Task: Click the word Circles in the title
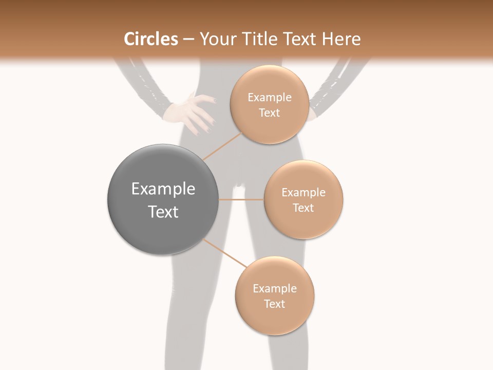click(150, 39)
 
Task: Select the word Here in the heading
click(342, 39)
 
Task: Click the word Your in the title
click(215, 39)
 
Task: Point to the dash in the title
click(188, 40)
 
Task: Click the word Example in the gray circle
click(163, 189)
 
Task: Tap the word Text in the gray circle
click(163, 212)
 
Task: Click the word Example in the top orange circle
click(270, 98)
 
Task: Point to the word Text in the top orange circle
click(270, 113)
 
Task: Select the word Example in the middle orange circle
click(304, 193)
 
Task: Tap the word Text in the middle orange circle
click(304, 208)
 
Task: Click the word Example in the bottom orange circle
click(274, 289)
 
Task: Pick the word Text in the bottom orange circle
click(274, 304)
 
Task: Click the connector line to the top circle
click(223, 145)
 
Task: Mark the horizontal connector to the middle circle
click(241, 199)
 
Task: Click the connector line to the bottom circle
click(226, 253)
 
